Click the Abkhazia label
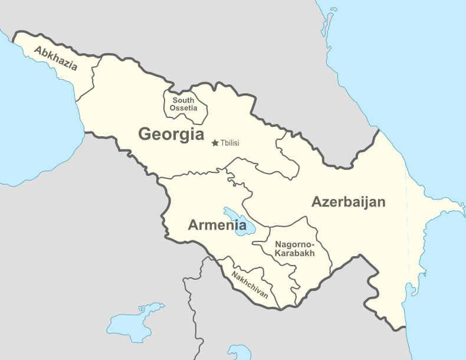tap(55, 58)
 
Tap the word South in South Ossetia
tap(183, 100)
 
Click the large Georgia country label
tap(171, 134)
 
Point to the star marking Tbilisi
tap(215, 143)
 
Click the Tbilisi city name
tap(229, 143)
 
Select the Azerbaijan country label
tap(349, 202)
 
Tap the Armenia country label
tap(217, 225)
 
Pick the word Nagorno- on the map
tap(295, 244)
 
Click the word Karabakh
tap(294, 253)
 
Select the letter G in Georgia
tap(145, 135)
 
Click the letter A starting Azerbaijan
tap(317, 202)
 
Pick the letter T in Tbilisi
tap(222, 143)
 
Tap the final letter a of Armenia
tap(242, 225)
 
